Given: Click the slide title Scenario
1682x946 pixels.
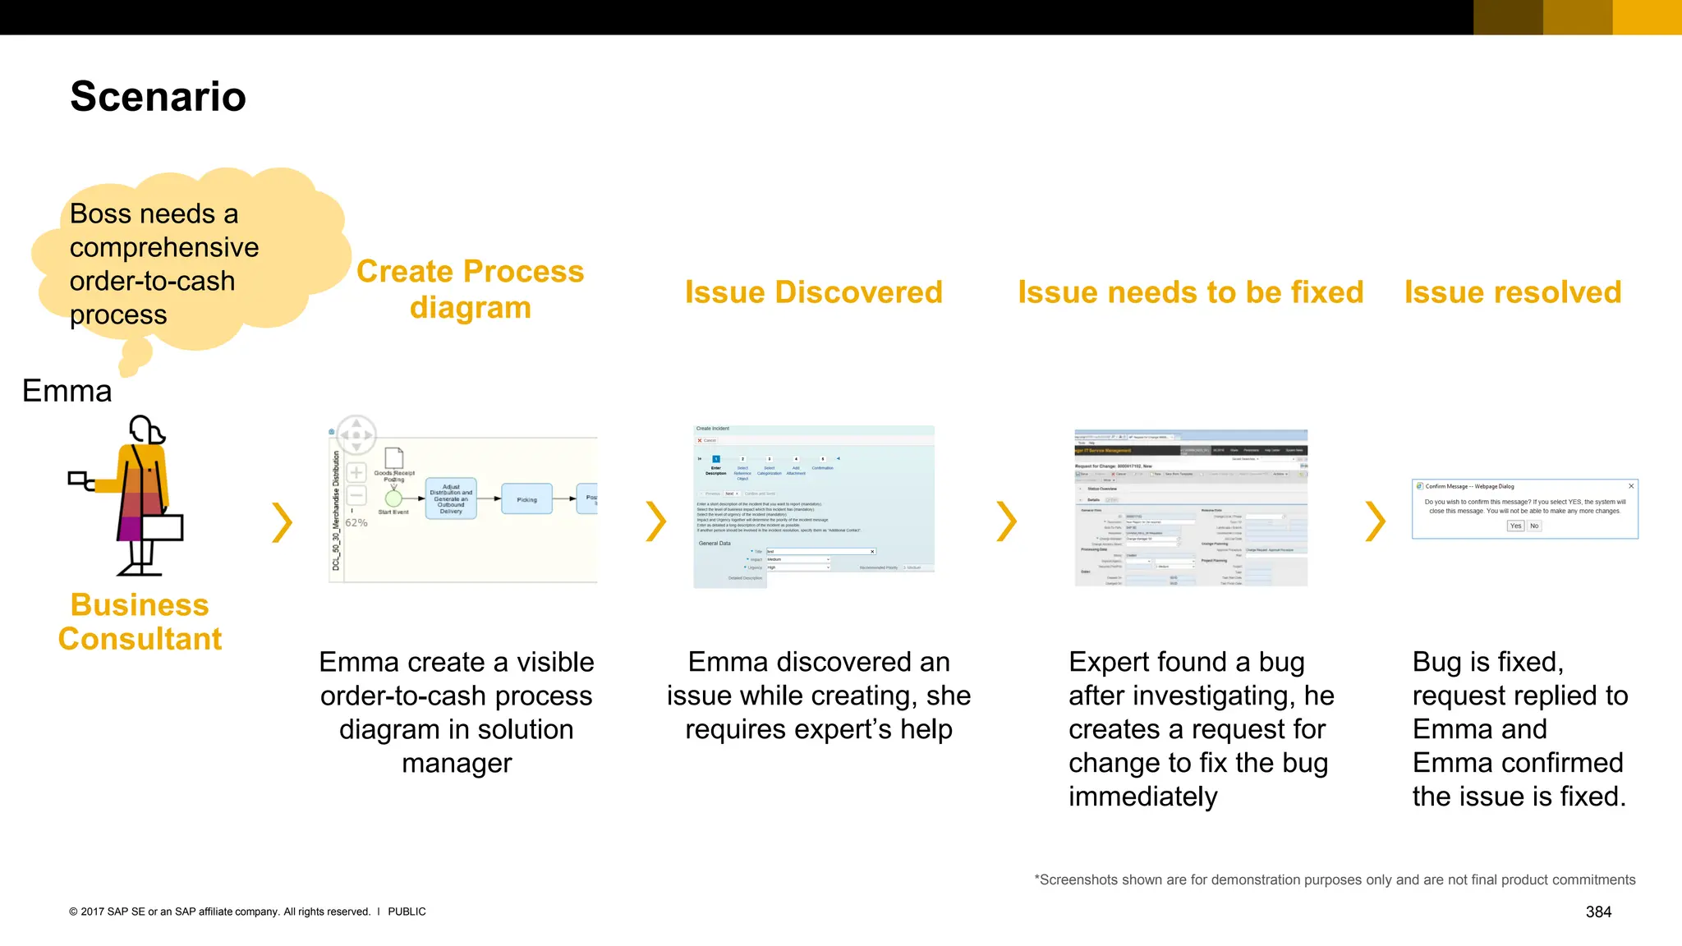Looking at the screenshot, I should (x=158, y=97).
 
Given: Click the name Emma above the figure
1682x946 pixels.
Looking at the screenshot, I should (x=67, y=391).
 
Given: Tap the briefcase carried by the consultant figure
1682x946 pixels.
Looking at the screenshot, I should (x=162, y=527).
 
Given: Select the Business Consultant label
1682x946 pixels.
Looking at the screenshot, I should (x=140, y=622).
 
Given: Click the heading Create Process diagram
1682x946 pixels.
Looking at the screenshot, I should (x=470, y=289).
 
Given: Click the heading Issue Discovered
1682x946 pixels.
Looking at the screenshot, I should (x=813, y=292).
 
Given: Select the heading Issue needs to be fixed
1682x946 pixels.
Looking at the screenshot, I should (x=1190, y=292).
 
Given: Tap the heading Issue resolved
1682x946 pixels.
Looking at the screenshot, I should (x=1512, y=292).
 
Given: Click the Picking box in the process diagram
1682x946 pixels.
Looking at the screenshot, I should (x=526, y=499).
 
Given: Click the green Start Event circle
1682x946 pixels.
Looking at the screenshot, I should (x=393, y=498).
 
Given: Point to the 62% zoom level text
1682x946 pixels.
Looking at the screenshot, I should (x=356, y=523).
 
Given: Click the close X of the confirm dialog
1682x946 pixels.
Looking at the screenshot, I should (x=1631, y=486).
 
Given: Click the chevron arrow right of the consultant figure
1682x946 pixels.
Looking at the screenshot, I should (x=282, y=522).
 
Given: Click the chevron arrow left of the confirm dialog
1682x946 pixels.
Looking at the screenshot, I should (x=1375, y=522).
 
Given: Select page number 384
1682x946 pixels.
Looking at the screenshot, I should (x=1598, y=912).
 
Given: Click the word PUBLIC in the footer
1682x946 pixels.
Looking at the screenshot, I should (x=407, y=912).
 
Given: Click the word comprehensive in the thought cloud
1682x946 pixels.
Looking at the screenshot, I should (x=164, y=247).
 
